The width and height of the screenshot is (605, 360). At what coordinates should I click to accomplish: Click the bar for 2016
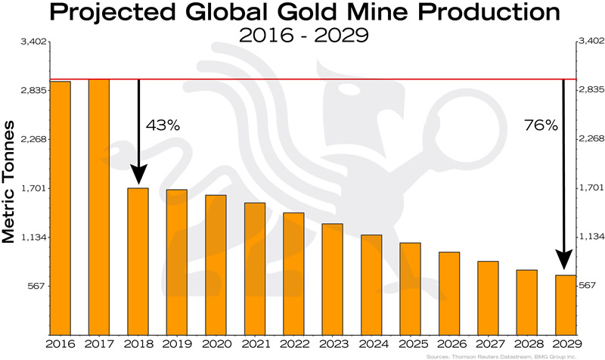click(x=60, y=208)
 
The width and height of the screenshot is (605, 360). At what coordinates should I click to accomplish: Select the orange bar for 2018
click(x=138, y=261)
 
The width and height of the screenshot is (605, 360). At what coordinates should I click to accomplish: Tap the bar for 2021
click(x=254, y=268)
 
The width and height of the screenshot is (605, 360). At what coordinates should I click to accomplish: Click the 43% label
click(x=163, y=126)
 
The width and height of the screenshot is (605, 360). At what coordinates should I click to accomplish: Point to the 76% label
click(x=541, y=126)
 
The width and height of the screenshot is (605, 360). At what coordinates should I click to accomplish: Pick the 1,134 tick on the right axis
click(x=591, y=237)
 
